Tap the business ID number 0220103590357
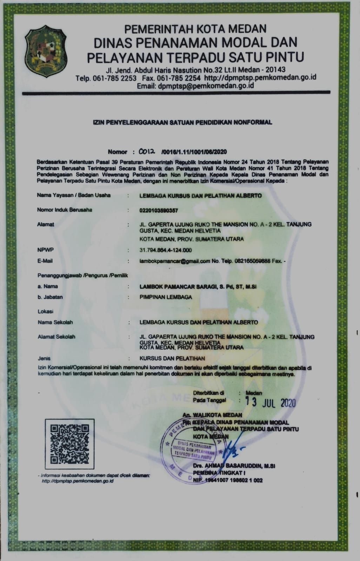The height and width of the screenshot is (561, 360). point(159,210)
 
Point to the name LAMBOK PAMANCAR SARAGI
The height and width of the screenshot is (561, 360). point(182,286)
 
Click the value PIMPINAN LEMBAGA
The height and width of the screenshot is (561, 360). point(166,297)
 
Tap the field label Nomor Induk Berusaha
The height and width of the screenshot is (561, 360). point(65,210)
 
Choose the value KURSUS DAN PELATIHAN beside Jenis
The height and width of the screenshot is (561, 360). point(172,358)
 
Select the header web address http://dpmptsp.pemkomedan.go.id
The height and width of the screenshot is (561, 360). point(260,77)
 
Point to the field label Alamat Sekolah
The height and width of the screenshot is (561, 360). point(56,337)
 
